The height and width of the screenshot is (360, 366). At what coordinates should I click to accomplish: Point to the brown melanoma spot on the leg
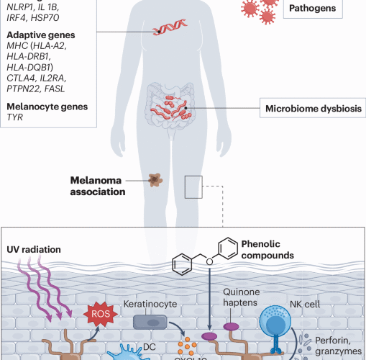(x=154, y=180)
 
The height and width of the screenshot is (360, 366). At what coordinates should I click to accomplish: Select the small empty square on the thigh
(x=193, y=186)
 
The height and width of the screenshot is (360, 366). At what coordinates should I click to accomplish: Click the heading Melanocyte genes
(x=47, y=107)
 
